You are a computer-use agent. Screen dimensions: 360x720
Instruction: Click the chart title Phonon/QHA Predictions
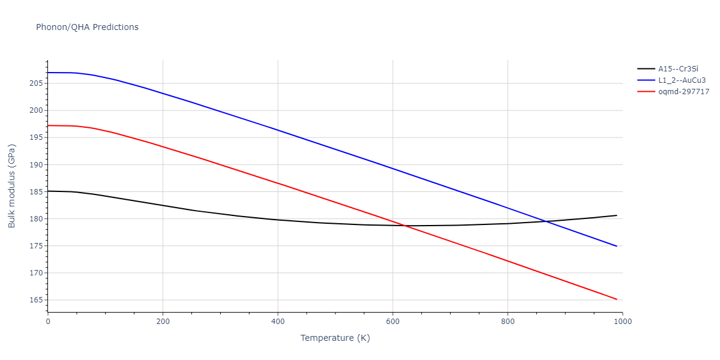point(87,27)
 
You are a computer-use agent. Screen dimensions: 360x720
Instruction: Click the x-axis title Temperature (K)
point(335,338)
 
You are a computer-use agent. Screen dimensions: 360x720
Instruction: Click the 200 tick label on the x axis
point(163,322)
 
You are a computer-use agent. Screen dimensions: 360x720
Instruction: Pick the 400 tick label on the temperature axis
point(278,322)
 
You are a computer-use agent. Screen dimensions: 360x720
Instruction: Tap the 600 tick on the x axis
point(392,322)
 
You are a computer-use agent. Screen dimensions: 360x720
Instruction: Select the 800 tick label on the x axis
point(508,322)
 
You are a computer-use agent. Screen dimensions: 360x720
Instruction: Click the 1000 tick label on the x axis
point(622,322)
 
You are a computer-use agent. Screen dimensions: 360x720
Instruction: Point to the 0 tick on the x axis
point(48,322)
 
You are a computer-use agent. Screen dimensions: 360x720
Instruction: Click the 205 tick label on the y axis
point(37,83)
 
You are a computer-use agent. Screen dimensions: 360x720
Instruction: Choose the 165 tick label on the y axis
point(37,300)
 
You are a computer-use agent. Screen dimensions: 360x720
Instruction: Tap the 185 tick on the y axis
point(37,192)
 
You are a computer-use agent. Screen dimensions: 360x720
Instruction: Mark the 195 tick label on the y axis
point(37,137)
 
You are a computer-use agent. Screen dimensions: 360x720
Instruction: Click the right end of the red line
point(617,299)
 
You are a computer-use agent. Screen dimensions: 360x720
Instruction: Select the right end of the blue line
point(617,246)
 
